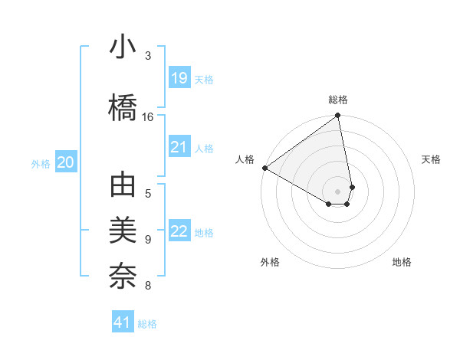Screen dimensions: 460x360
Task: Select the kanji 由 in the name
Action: [x=123, y=187]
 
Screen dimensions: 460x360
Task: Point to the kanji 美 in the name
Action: [x=123, y=232]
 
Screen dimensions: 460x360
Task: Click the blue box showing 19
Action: [x=179, y=78]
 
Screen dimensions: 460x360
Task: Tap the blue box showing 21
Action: [x=179, y=147]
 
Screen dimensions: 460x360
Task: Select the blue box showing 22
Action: [x=179, y=231]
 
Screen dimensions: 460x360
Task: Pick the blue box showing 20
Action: [x=66, y=162]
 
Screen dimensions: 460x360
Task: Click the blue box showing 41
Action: [x=123, y=322]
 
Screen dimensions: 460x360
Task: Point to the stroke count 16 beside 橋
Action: [x=148, y=117]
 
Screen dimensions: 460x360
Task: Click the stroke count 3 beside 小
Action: [x=148, y=56]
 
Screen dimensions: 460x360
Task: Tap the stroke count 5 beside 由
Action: [x=148, y=194]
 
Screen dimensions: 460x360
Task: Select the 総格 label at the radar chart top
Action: [x=338, y=100]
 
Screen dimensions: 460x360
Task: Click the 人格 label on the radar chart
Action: [x=245, y=159]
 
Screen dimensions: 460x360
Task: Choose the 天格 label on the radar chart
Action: [x=432, y=159]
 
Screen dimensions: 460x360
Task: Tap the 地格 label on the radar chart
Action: [x=402, y=262]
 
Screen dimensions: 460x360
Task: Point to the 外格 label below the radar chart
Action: [x=270, y=262]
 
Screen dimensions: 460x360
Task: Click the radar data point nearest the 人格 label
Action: [x=264, y=168]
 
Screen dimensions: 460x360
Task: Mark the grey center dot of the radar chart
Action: [x=338, y=191]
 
